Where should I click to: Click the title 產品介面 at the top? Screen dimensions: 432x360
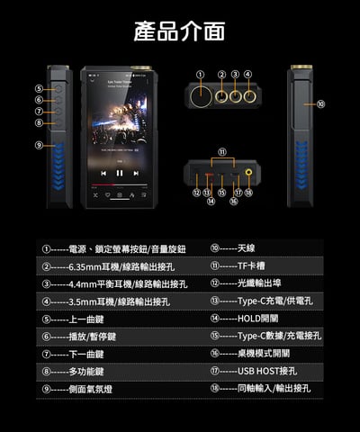point(179,32)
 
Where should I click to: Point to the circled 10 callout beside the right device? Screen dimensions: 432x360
point(321,104)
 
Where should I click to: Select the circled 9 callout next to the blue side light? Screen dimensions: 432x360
point(40,145)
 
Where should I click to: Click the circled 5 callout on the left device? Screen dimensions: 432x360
point(40,89)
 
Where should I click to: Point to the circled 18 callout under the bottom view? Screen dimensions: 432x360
point(249,192)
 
